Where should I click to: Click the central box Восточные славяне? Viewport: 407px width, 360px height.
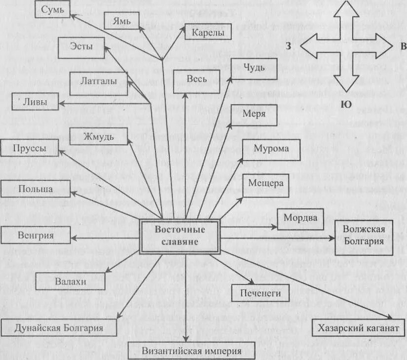pos(177,237)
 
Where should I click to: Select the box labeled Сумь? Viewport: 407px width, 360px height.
pos(52,9)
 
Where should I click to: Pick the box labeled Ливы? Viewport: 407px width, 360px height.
pos(35,102)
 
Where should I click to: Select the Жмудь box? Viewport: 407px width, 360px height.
pos(99,136)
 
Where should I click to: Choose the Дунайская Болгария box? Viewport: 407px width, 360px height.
pos(59,328)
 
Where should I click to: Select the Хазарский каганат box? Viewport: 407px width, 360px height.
pos(358,328)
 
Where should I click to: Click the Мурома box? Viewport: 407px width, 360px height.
pos(271,149)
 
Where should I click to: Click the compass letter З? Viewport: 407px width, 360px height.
pos(288,46)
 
